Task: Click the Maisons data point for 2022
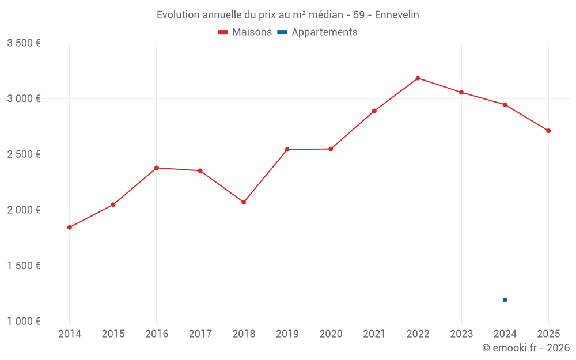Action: click(418, 78)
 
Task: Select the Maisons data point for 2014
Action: click(70, 228)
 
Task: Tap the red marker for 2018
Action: click(244, 202)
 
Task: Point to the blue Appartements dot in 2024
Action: click(505, 300)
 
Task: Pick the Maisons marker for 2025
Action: click(548, 131)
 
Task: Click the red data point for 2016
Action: click(157, 168)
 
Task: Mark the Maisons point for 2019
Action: click(287, 150)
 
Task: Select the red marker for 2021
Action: click(374, 111)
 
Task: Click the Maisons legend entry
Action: click(245, 32)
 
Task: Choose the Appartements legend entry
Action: click(318, 32)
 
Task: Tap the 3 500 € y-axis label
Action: click(24, 43)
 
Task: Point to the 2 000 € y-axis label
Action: click(24, 210)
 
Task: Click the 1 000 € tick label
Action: click(24, 321)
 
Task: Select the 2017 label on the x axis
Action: click(200, 334)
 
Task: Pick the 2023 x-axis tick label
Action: click(461, 334)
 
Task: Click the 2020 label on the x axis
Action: click(331, 334)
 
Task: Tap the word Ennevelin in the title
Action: click(397, 14)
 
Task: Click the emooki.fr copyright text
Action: click(526, 348)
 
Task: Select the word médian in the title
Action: click(324, 14)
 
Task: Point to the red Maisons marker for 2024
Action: click(505, 105)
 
